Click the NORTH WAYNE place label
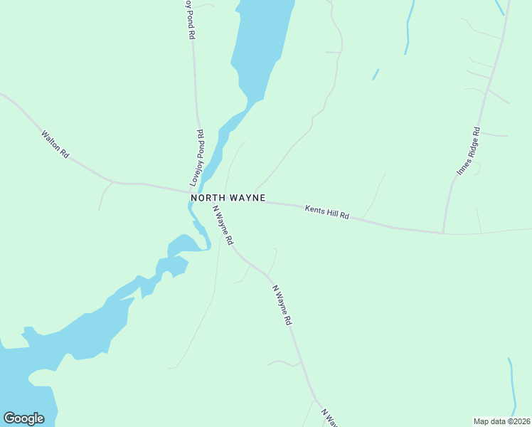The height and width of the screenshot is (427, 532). click(x=228, y=197)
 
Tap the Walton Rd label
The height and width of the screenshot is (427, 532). click(x=55, y=144)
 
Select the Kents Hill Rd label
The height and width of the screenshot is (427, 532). click(x=327, y=212)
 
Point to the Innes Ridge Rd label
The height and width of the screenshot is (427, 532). click(x=469, y=151)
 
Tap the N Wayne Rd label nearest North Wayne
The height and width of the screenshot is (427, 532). click(x=223, y=226)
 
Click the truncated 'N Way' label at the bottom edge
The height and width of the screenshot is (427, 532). click(x=329, y=417)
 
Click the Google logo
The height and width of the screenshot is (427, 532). click(x=23, y=418)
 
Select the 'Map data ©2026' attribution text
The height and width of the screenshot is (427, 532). click(x=501, y=421)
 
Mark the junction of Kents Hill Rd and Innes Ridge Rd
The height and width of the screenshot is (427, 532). click(x=443, y=232)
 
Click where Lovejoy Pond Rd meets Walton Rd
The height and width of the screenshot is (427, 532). click(x=198, y=191)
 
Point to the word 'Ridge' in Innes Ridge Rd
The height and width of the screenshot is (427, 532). click(x=469, y=149)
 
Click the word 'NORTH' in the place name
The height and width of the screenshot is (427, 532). click(x=207, y=197)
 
